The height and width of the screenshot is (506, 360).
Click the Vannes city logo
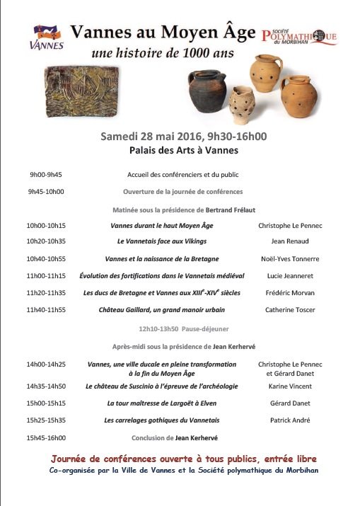coord(47,38)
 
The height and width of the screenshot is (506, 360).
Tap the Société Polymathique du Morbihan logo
coord(299,37)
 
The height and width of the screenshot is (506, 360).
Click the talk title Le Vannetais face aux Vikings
coord(161,241)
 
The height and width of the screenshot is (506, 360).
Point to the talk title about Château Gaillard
coord(162,309)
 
